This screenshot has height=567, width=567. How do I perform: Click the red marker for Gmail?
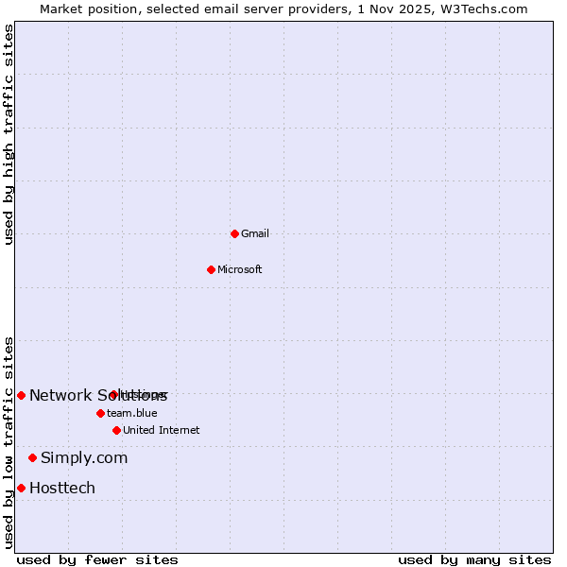tap(234, 233)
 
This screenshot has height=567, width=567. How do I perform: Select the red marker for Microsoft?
tap(212, 269)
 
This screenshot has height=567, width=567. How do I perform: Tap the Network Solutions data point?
tap(21, 395)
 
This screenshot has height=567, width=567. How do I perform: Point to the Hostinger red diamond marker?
tap(113, 394)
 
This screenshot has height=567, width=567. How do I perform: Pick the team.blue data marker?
tap(100, 413)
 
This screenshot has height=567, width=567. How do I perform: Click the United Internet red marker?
tap(116, 430)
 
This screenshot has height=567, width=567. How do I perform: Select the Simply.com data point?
tap(32, 457)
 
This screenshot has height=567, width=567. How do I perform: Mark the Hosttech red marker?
tap(21, 488)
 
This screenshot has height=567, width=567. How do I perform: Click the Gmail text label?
tap(255, 233)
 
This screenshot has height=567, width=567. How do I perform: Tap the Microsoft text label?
tap(240, 269)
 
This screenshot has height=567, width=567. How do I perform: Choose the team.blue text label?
tap(132, 413)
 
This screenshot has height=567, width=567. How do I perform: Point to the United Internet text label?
tap(162, 430)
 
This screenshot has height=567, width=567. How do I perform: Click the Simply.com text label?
tap(84, 457)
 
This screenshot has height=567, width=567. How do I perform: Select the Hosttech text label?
tap(62, 488)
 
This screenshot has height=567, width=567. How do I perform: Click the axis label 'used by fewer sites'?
tap(97, 559)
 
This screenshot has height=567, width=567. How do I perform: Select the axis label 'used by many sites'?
tap(474, 559)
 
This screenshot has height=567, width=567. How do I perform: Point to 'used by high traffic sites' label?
tap(9, 134)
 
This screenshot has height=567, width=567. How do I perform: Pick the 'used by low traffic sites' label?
tap(9, 442)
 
